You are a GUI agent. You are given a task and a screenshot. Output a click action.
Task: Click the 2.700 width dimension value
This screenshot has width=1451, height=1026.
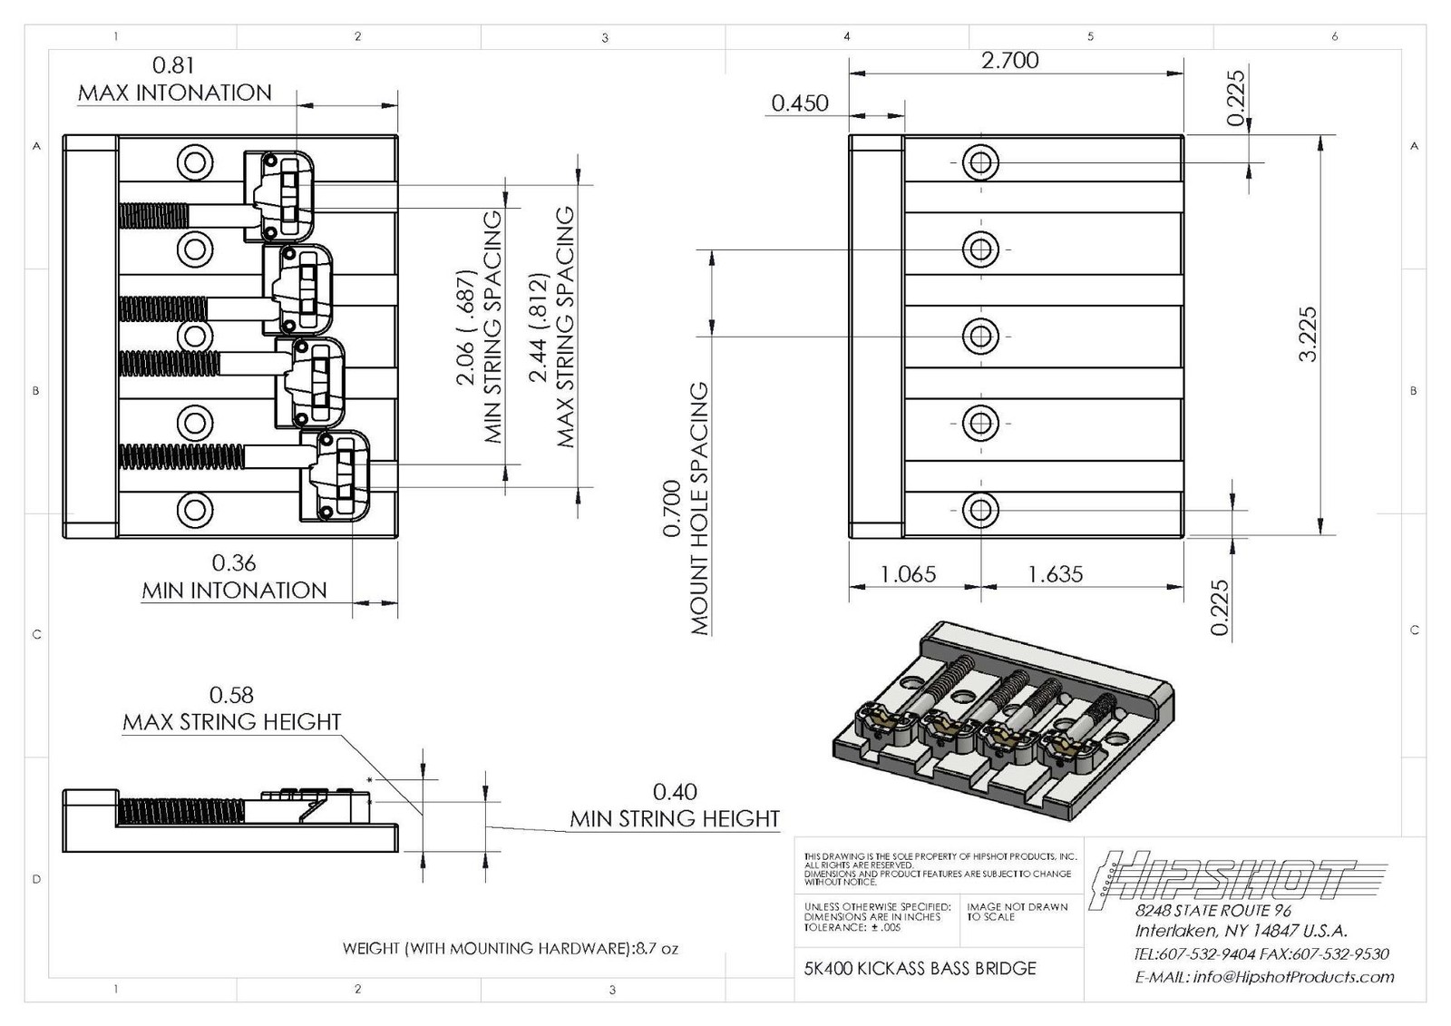click(x=1009, y=61)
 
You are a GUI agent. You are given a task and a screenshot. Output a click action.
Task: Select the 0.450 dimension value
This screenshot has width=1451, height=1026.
click(x=799, y=103)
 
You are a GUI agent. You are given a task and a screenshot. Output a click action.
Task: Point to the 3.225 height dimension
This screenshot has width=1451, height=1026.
click(x=1307, y=335)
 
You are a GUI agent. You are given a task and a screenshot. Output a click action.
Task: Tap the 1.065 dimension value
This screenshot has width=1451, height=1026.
click(x=907, y=574)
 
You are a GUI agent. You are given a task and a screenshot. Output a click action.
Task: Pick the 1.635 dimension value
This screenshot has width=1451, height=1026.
click(x=1055, y=574)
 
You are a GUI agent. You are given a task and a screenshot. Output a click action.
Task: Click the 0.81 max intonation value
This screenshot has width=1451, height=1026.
click(x=173, y=65)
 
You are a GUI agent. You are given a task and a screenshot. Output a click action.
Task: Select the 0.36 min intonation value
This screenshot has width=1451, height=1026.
click(x=233, y=563)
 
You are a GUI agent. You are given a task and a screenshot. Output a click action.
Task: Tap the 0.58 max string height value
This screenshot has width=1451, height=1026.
click(x=231, y=695)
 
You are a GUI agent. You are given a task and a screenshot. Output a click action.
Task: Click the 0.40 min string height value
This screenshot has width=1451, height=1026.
click(x=675, y=792)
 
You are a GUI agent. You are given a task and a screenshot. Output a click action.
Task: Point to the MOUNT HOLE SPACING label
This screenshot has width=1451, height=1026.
click(x=699, y=508)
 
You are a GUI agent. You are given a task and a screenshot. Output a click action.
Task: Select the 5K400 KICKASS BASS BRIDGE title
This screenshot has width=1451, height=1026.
click(x=920, y=968)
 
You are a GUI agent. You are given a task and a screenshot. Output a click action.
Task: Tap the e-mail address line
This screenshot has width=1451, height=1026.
click(x=1264, y=977)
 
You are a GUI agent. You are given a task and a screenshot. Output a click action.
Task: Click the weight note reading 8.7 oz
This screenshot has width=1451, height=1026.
click(x=510, y=949)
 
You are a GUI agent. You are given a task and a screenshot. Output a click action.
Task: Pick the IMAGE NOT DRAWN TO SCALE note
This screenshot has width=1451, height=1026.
click(x=1017, y=912)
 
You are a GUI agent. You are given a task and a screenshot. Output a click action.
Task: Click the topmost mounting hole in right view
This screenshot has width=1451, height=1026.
click(x=979, y=163)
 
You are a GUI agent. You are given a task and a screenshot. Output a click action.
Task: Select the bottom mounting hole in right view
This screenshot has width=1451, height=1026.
click(x=979, y=510)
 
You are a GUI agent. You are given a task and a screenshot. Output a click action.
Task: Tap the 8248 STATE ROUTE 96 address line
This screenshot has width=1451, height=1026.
click(x=1212, y=910)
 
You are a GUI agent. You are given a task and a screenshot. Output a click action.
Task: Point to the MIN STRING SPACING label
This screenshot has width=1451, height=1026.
click(x=492, y=327)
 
